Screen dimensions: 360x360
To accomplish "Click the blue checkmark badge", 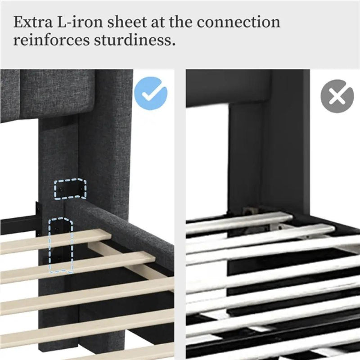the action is click(x=151, y=94).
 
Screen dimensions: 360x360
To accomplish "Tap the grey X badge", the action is click(x=337, y=96).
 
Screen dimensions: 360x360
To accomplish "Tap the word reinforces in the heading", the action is click(x=51, y=40).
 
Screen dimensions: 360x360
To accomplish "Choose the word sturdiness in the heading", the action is click(x=133, y=40).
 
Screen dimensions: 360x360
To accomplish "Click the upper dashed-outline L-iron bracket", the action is click(x=70, y=189).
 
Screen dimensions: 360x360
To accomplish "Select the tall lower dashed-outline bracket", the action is click(x=60, y=245).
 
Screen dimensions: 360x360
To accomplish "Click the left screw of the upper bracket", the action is click(x=61, y=189).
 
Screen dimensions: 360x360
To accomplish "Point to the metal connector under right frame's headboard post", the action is click(x=249, y=210).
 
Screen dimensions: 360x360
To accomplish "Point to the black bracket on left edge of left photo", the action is click(x=37, y=218).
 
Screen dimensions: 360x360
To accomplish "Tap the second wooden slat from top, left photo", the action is click(x=77, y=267).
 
